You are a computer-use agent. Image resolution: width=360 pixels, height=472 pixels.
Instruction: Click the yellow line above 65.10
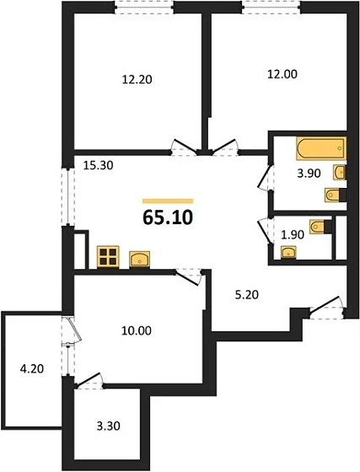[x=168, y=201]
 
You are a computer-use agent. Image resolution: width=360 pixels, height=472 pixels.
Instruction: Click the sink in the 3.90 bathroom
[x=339, y=174]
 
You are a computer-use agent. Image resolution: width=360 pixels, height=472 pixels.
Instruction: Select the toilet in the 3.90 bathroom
[x=333, y=196]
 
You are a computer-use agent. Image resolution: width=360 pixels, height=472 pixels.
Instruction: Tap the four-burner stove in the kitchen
[x=109, y=256]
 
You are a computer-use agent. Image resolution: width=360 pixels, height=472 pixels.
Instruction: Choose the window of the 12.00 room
[x=267, y=8]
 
